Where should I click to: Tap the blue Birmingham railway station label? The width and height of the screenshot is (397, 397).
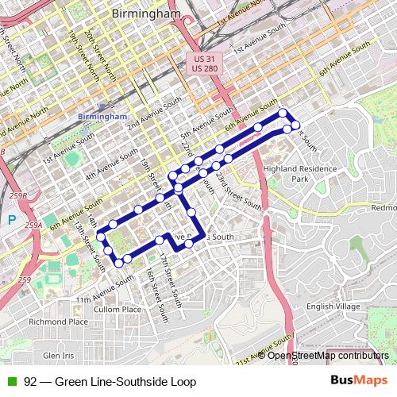tap(102, 116)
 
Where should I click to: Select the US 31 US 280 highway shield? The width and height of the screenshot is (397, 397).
tap(206, 63)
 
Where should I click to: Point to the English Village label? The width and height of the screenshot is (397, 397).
tap(333, 306)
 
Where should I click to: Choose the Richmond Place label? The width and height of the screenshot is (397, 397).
tap(58, 322)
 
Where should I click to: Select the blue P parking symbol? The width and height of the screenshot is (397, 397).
tap(11, 220)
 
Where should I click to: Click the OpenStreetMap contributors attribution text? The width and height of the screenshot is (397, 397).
tap(328, 356)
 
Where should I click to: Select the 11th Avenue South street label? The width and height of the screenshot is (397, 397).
tap(106, 291)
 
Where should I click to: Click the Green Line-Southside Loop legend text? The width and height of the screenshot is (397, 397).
tap(110, 382)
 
